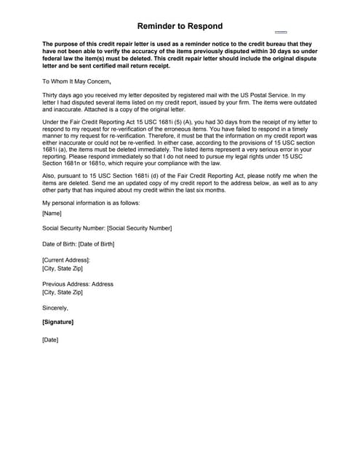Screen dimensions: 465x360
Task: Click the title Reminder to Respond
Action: pos(180,26)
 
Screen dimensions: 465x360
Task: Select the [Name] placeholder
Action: pos(52,213)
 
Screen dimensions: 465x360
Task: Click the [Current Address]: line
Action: pos(66,259)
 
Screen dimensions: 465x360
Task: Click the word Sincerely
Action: pos(57,308)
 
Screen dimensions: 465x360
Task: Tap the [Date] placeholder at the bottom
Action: pos(50,340)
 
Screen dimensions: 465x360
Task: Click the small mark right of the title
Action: pos(281,33)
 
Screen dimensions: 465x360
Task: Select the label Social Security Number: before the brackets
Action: pos(75,229)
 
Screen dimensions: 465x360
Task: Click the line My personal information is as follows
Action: pos(91,202)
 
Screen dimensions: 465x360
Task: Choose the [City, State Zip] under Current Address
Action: pos(63,268)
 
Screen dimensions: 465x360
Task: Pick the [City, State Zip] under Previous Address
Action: pos(63,293)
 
